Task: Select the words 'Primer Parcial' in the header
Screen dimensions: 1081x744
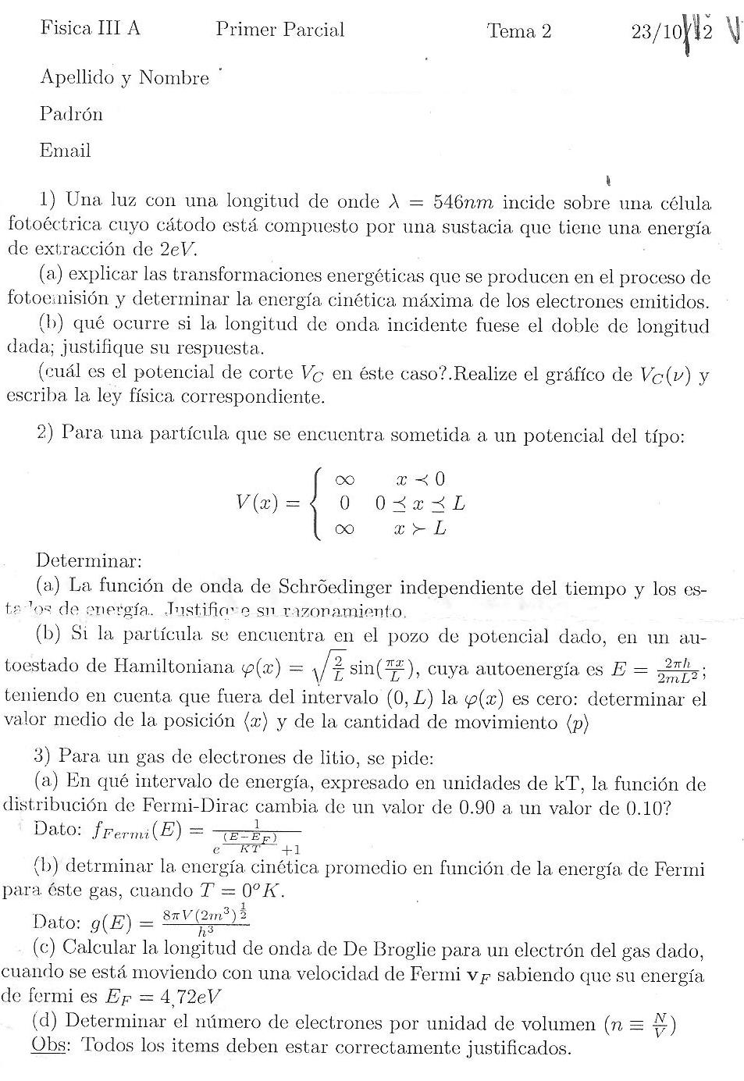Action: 279,30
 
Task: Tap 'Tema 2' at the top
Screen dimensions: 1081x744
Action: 519,30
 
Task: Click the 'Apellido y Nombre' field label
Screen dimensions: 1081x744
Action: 124,78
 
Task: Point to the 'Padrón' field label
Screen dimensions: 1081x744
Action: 71,114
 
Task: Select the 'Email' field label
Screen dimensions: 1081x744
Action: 65,151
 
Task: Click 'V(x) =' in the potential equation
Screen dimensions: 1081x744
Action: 268,503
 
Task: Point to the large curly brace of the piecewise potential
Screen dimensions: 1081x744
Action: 317,503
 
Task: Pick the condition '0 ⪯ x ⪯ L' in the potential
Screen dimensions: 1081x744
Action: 420,503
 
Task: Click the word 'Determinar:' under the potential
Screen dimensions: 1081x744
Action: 89,560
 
